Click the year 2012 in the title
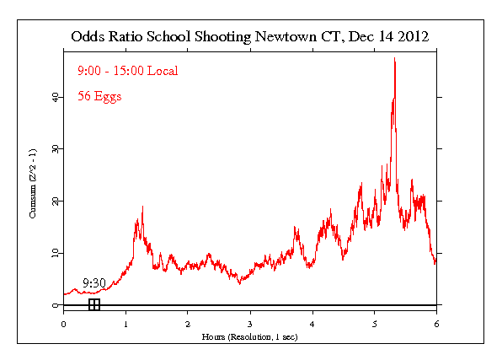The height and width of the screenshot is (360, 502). [x=413, y=37]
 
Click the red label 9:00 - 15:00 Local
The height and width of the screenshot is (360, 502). [x=116, y=70]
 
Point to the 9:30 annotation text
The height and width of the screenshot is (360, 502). [x=93, y=283]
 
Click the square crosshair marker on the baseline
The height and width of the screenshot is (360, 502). [x=94, y=304]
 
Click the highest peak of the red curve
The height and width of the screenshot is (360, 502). [x=394, y=58]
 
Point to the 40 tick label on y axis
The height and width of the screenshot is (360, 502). [x=56, y=97]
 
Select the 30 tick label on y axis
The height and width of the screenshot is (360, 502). [x=56, y=149]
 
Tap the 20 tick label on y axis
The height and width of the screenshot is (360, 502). [x=56, y=201]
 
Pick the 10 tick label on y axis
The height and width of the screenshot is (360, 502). [x=56, y=253]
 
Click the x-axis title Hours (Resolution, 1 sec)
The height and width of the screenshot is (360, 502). [x=250, y=336]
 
